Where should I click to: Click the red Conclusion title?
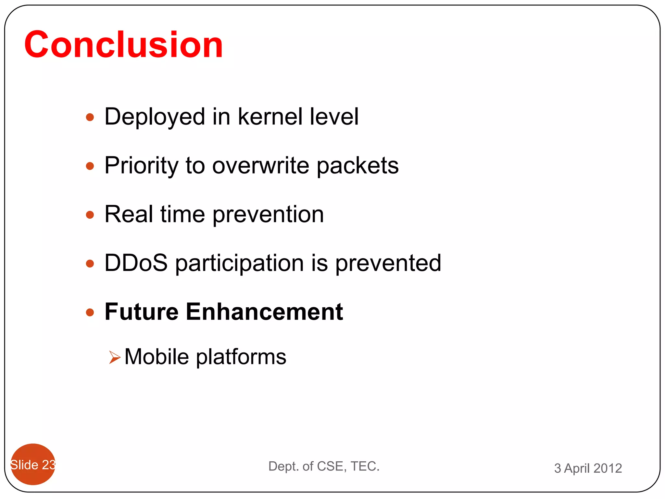click(123, 45)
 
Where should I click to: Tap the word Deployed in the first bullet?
click(155, 117)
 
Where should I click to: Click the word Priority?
click(141, 166)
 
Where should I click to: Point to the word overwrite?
click(261, 166)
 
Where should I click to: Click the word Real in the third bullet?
click(129, 214)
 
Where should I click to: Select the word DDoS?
click(136, 263)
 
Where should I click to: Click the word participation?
click(240, 263)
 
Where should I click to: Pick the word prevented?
click(388, 263)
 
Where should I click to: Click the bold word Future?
click(142, 312)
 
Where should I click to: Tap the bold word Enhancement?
click(264, 312)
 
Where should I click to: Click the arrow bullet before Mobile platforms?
click(115, 357)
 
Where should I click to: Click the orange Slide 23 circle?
click(33, 464)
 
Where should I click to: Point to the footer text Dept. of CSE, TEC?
click(324, 466)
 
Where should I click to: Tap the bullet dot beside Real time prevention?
click(90, 215)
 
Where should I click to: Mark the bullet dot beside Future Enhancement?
click(90, 313)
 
